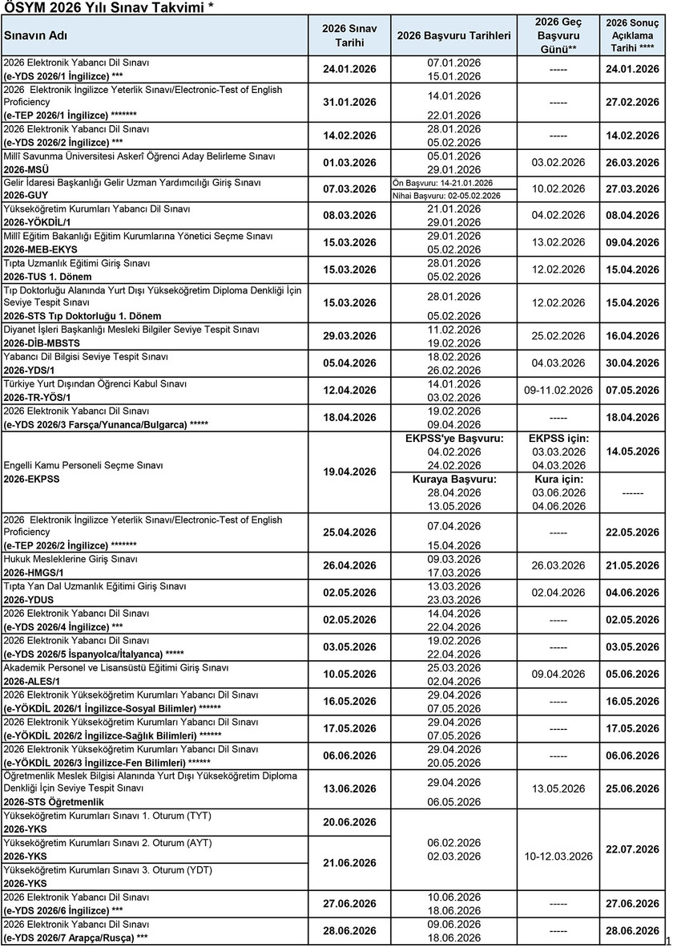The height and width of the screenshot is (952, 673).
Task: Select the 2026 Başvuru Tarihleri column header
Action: click(x=453, y=36)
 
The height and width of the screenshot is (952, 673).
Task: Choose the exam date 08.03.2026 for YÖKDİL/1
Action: click(x=349, y=216)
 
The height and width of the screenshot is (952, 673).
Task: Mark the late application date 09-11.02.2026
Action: click(x=558, y=390)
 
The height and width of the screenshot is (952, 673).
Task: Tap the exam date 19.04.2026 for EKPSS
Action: click(x=349, y=472)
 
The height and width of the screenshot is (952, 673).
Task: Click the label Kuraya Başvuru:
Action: click(x=454, y=479)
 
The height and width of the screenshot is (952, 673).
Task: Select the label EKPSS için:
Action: click(x=558, y=438)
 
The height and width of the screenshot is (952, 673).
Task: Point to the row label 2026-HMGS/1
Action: click(x=36, y=573)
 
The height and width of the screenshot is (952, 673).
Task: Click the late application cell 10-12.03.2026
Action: click(x=558, y=856)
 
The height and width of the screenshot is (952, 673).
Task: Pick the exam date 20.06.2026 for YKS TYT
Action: click(x=349, y=822)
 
